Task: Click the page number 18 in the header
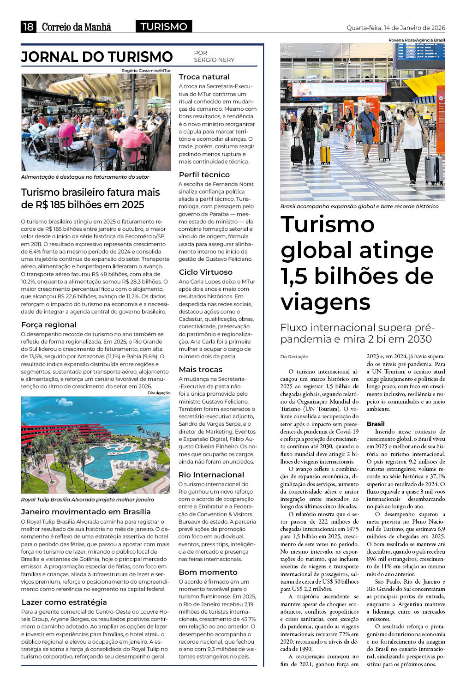point(28,27)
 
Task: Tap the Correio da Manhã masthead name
point(77,27)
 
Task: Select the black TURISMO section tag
point(164,27)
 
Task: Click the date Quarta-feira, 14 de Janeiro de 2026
point(395,28)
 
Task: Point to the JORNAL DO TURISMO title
point(97,57)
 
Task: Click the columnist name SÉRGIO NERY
point(214,60)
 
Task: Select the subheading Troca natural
point(204,77)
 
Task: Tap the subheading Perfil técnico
point(204,175)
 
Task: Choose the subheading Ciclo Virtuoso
point(205,272)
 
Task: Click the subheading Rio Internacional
point(211,475)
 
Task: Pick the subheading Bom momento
point(208,572)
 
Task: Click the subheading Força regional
point(49,325)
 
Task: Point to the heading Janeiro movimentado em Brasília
point(86,512)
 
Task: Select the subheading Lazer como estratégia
point(64,602)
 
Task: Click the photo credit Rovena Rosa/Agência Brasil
point(416,40)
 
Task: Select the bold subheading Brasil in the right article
point(376,424)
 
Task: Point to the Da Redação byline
point(294,356)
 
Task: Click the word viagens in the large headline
point(325,302)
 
